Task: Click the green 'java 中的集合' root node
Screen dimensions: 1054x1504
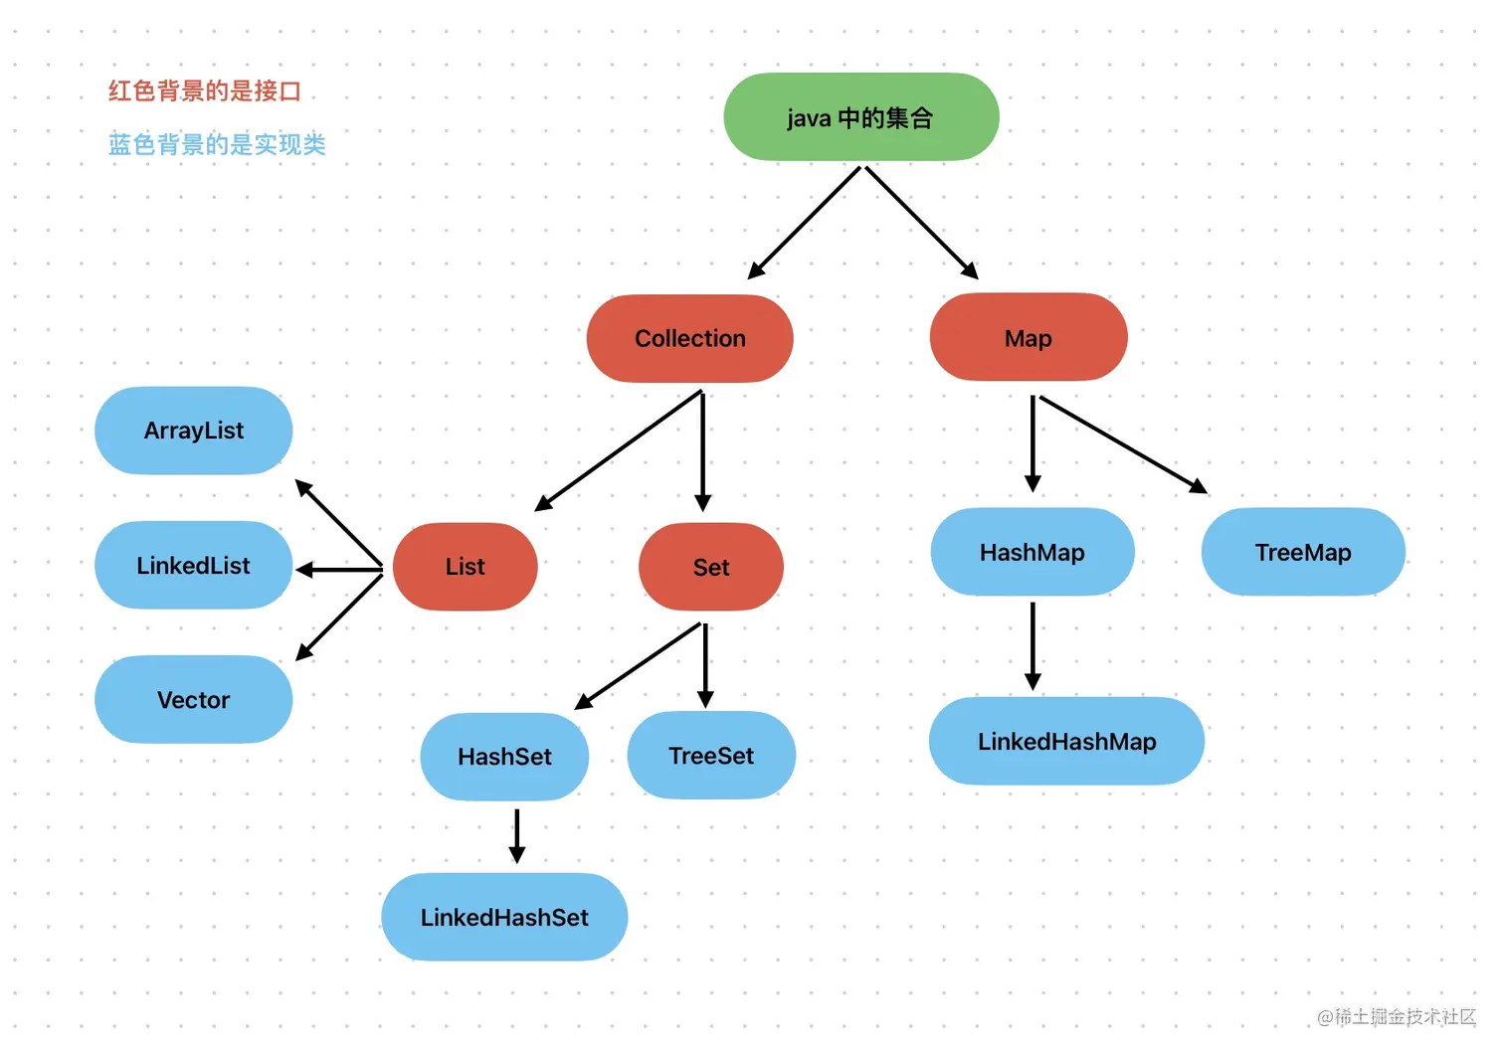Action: pos(860,117)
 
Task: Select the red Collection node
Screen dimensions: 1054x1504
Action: pos(689,338)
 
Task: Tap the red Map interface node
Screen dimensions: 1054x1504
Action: pos(1028,338)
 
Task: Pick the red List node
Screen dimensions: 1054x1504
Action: pos(465,567)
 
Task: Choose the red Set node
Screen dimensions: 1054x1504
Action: pos(710,567)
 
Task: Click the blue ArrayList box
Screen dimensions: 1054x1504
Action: pos(193,431)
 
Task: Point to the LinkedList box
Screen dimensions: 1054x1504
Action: pos(193,565)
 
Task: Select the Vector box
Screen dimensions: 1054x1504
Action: pos(193,700)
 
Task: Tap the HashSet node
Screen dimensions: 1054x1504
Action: pos(504,757)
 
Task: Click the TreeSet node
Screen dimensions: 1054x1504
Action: pos(711,756)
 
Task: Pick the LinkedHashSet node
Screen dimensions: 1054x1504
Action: pos(504,917)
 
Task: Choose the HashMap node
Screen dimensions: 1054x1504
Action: pos(1032,552)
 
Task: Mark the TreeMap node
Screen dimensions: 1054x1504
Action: pos(1303,552)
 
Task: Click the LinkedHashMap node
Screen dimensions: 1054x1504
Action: pos(1066,742)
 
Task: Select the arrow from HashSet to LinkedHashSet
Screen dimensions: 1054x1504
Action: pos(516,835)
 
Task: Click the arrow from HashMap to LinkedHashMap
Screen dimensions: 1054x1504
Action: pos(1033,646)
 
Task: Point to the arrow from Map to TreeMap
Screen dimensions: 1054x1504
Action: pos(1122,443)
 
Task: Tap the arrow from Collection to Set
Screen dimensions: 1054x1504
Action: pos(703,451)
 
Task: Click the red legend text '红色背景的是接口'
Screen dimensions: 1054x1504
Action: pos(205,91)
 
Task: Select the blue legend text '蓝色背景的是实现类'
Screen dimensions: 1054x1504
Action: pos(217,144)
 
